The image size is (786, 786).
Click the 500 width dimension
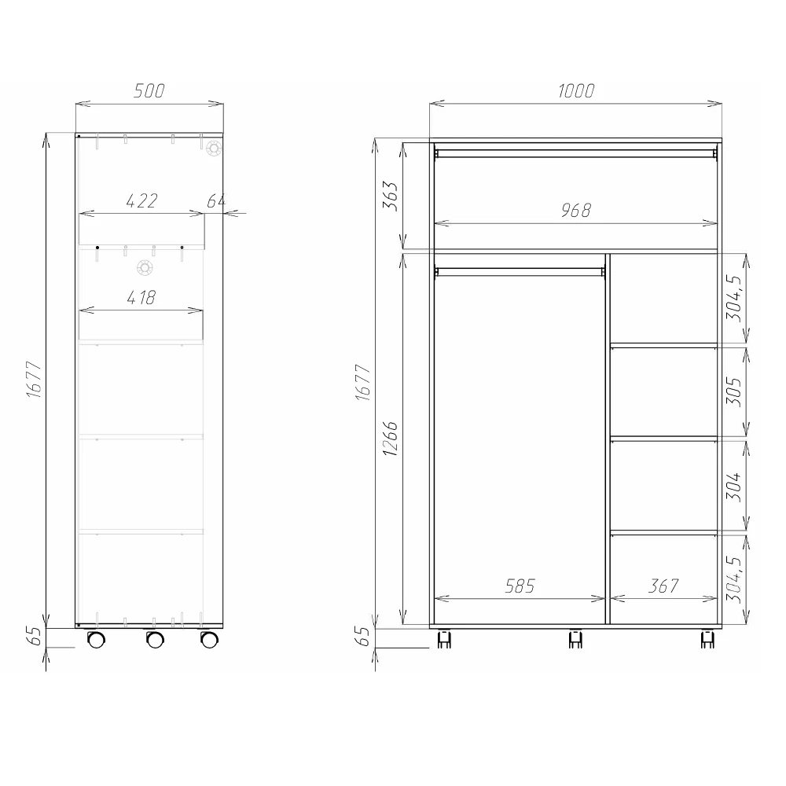(149, 91)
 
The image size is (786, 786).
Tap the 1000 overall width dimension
(575, 91)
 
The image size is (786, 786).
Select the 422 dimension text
(141, 201)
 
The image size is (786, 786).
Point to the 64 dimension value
(216, 201)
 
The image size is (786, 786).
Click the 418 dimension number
(141, 298)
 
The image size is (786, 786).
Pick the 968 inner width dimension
(575, 211)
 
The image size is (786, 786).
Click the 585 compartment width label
(519, 586)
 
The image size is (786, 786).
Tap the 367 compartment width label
(663, 586)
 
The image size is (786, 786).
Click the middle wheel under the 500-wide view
(155, 640)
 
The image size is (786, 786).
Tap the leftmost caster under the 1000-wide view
(443, 640)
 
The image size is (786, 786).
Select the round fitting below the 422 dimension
(145, 269)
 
